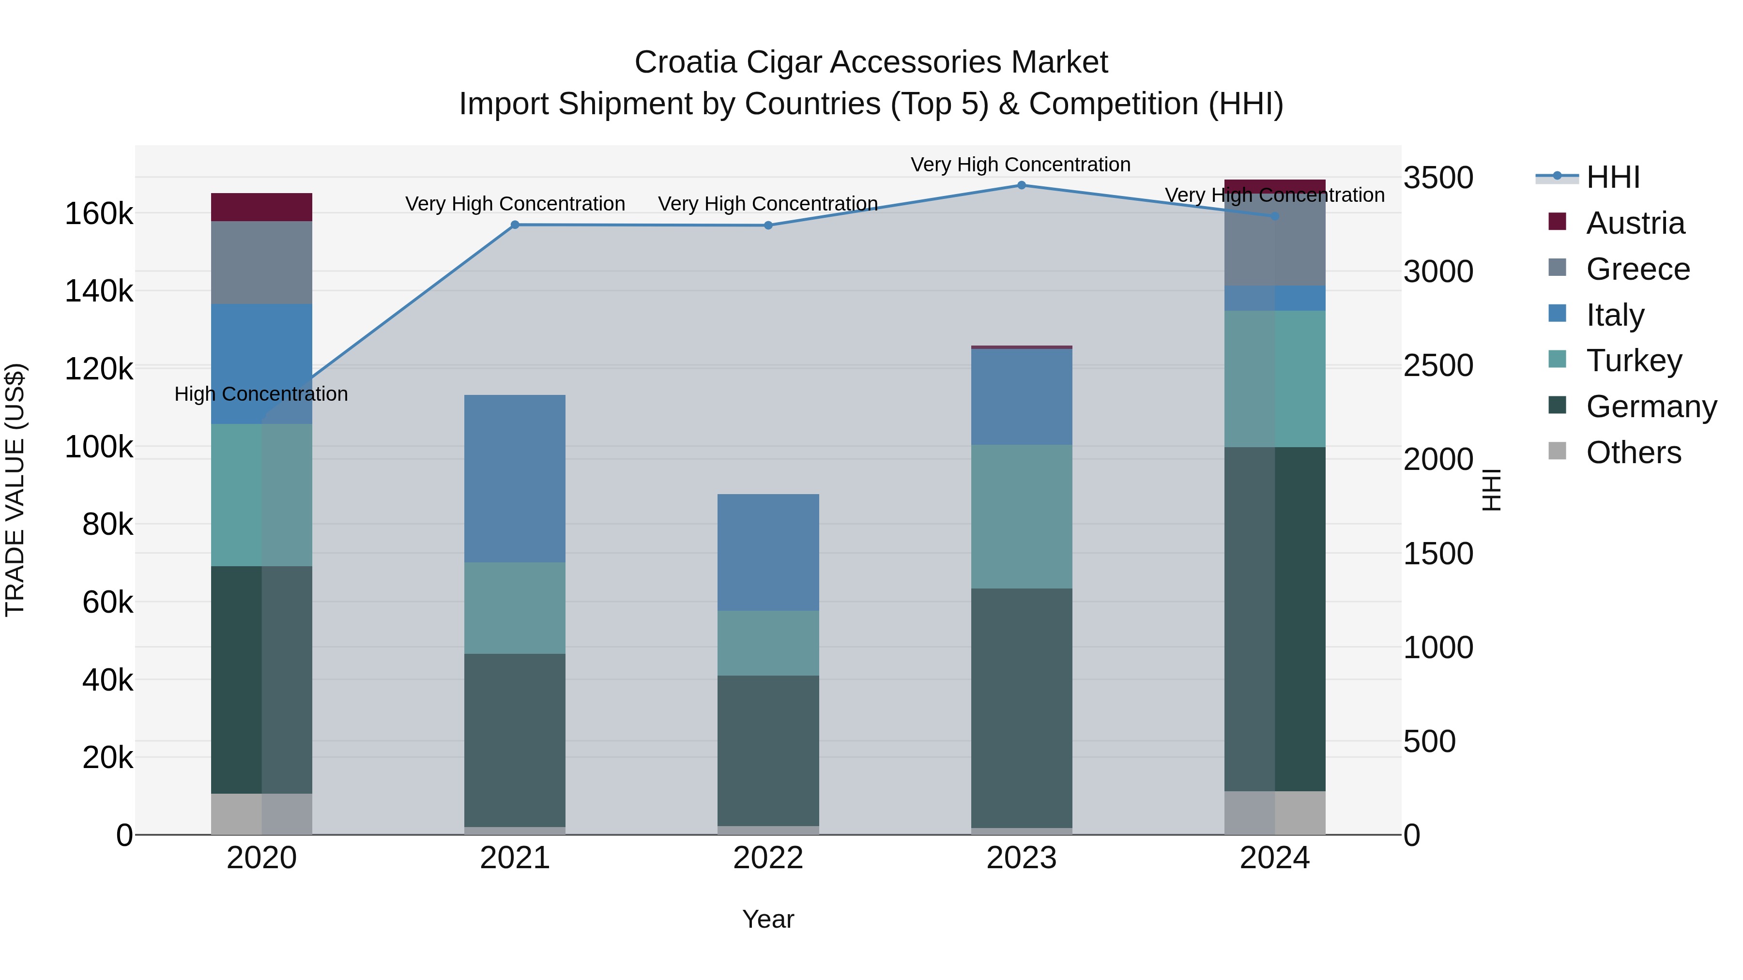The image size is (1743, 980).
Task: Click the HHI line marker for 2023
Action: tap(1021, 185)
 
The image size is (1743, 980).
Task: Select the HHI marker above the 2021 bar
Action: tap(515, 225)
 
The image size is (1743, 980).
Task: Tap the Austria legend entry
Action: tap(1634, 223)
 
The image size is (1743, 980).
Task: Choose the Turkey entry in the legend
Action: tap(1634, 361)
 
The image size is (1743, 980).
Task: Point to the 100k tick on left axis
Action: tap(99, 447)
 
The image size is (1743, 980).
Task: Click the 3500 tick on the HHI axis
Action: tap(1438, 178)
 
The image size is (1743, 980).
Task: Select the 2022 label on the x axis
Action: tap(768, 858)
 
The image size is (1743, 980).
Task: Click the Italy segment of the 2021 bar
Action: tap(515, 478)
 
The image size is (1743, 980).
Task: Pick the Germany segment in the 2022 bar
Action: tap(768, 750)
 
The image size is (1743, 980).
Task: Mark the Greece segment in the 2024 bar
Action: tap(1275, 240)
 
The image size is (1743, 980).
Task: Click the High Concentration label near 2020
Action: tap(261, 393)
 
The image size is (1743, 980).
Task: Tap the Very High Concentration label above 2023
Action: tap(1020, 165)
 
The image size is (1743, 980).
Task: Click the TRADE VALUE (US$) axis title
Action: tap(15, 490)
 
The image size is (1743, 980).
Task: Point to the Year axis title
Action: tap(768, 919)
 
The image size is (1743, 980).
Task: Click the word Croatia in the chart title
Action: tap(685, 62)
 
